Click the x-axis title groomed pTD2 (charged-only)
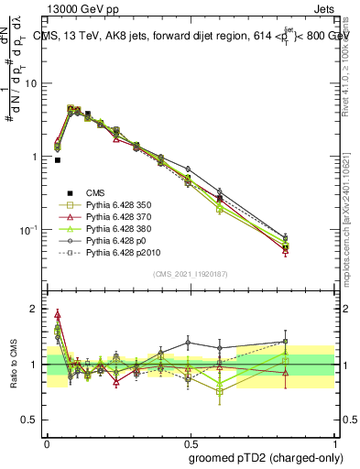pyautogui.click(x=265, y=458)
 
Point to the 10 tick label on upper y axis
pyautogui.click(x=32, y=83)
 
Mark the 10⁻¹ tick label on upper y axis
pyautogui.click(x=30, y=229)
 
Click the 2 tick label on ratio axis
pyautogui.click(x=36, y=309)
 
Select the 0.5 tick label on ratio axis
pyautogui.click(x=32, y=419)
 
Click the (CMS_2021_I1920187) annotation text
pyautogui.click(x=190, y=274)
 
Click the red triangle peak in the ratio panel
pyautogui.click(x=58, y=313)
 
